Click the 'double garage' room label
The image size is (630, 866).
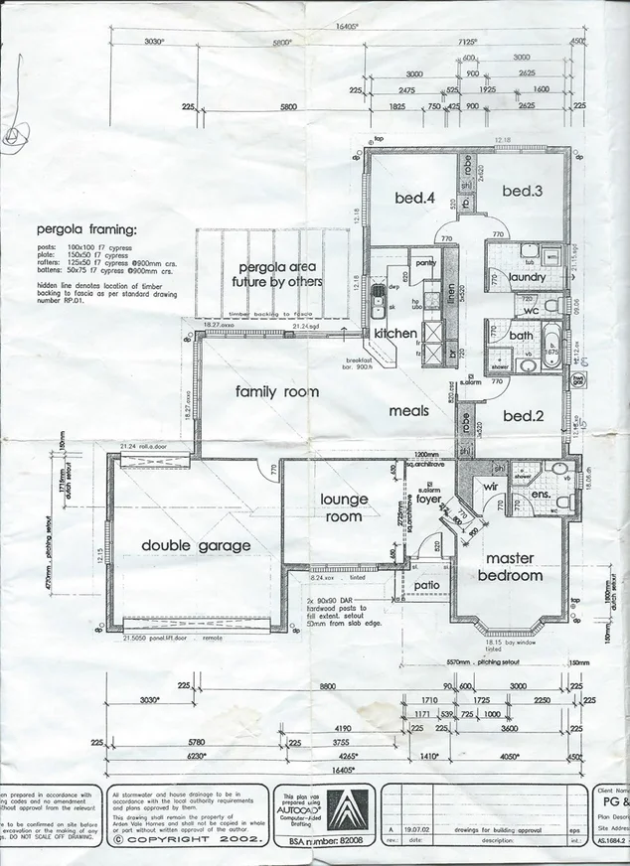tap(195, 545)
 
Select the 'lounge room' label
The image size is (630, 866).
tap(344, 506)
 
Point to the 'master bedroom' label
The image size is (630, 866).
tap(510, 567)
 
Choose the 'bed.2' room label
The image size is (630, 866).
tap(523, 416)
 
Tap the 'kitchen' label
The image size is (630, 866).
tap(394, 334)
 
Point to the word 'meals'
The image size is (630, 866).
tap(409, 410)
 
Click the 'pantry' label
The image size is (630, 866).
tap(424, 263)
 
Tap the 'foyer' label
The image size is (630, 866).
tap(428, 500)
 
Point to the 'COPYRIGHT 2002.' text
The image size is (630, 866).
tap(189, 839)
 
